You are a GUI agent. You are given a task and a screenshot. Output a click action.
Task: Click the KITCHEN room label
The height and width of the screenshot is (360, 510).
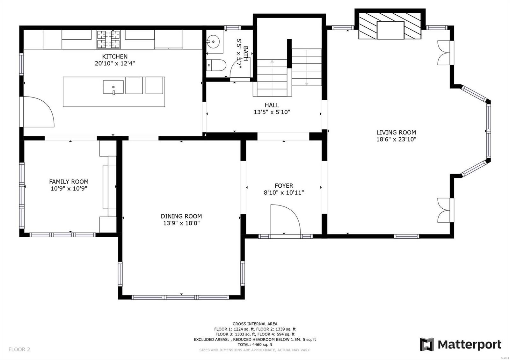click(x=115, y=56)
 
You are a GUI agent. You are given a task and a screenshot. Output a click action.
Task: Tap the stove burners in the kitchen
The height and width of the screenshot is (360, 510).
click(x=108, y=39)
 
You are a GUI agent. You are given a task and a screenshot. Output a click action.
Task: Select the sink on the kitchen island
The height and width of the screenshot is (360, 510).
click(x=113, y=87)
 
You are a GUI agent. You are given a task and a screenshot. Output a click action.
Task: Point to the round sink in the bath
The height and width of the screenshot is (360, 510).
click(x=212, y=41)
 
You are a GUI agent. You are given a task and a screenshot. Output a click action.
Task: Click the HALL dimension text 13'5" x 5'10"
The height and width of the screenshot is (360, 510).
click(x=272, y=112)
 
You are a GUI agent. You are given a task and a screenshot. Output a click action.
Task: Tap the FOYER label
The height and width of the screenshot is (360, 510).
click(x=284, y=185)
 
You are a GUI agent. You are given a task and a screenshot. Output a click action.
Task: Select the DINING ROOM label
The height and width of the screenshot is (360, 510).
click(x=181, y=216)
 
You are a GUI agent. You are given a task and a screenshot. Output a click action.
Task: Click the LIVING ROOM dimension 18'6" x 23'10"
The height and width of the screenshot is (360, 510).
click(x=396, y=139)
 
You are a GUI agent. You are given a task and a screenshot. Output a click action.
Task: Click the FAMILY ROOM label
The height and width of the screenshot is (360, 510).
click(x=69, y=182)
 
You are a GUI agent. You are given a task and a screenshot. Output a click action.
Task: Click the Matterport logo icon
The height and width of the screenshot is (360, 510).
click(x=426, y=344)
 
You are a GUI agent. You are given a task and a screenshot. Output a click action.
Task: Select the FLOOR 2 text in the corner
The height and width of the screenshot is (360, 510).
click(x=19, y=349)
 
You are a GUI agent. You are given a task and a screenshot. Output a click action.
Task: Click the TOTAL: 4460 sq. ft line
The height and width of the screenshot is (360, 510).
click(x=255, y=344)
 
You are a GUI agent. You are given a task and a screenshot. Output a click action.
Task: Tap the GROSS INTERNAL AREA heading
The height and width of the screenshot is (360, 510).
click(x=255, y=324)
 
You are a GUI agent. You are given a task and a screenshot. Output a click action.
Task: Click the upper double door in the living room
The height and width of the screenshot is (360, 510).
click(x=444, y=53)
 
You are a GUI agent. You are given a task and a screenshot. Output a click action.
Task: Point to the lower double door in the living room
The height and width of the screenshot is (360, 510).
click(x=444, y=210)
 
